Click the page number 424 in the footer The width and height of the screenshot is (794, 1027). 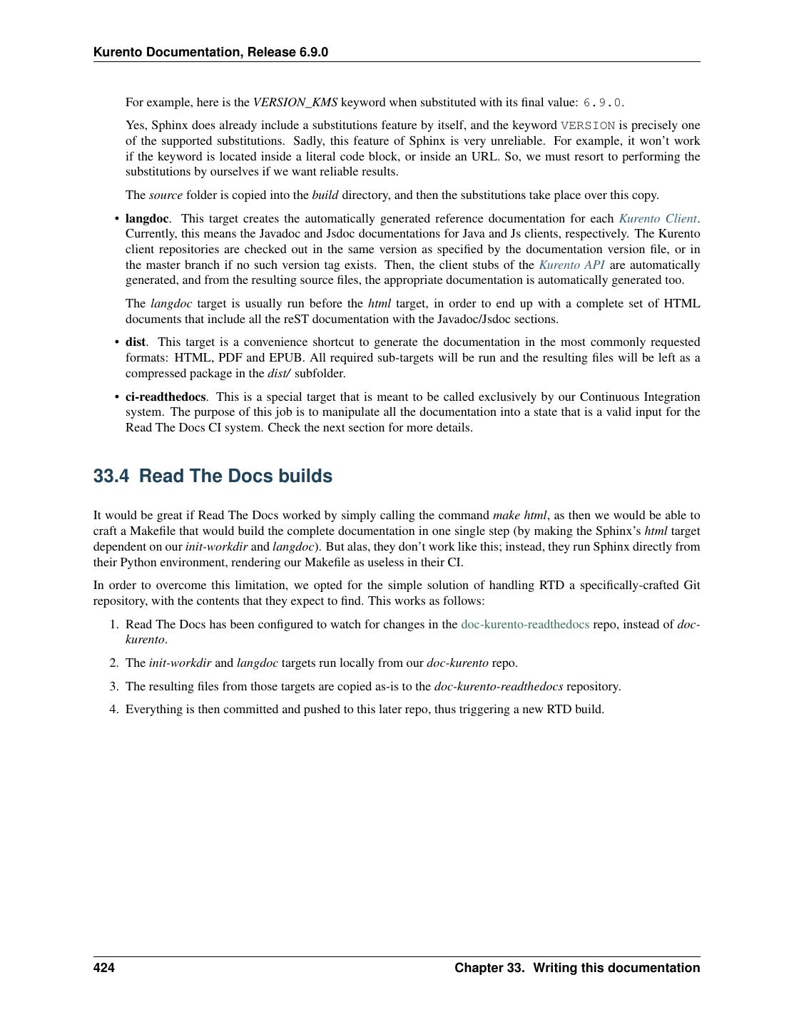tap(103, 968)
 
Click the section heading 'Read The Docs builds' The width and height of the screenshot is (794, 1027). tap(235, 476)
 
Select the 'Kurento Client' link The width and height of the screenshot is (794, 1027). tap(658, 219)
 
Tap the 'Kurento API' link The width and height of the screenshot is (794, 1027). tap(571, 265)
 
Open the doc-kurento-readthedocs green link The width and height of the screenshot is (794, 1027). tap(525, 625)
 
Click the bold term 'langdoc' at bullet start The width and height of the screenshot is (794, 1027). tap(147, 219)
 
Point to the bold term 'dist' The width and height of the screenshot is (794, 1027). tap(135, 342)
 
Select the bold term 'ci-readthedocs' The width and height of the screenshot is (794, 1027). tap(166, 397)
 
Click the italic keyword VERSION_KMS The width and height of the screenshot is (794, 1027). tap(295, 103)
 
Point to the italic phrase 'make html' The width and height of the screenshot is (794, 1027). tap(519, 516)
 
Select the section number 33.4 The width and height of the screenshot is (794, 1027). tap(111, 476)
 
